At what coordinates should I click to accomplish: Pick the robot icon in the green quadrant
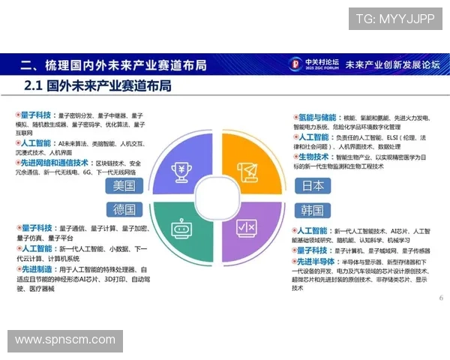181,228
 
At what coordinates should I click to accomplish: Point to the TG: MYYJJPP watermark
394,19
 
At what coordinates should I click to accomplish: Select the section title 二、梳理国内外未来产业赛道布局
112,64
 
